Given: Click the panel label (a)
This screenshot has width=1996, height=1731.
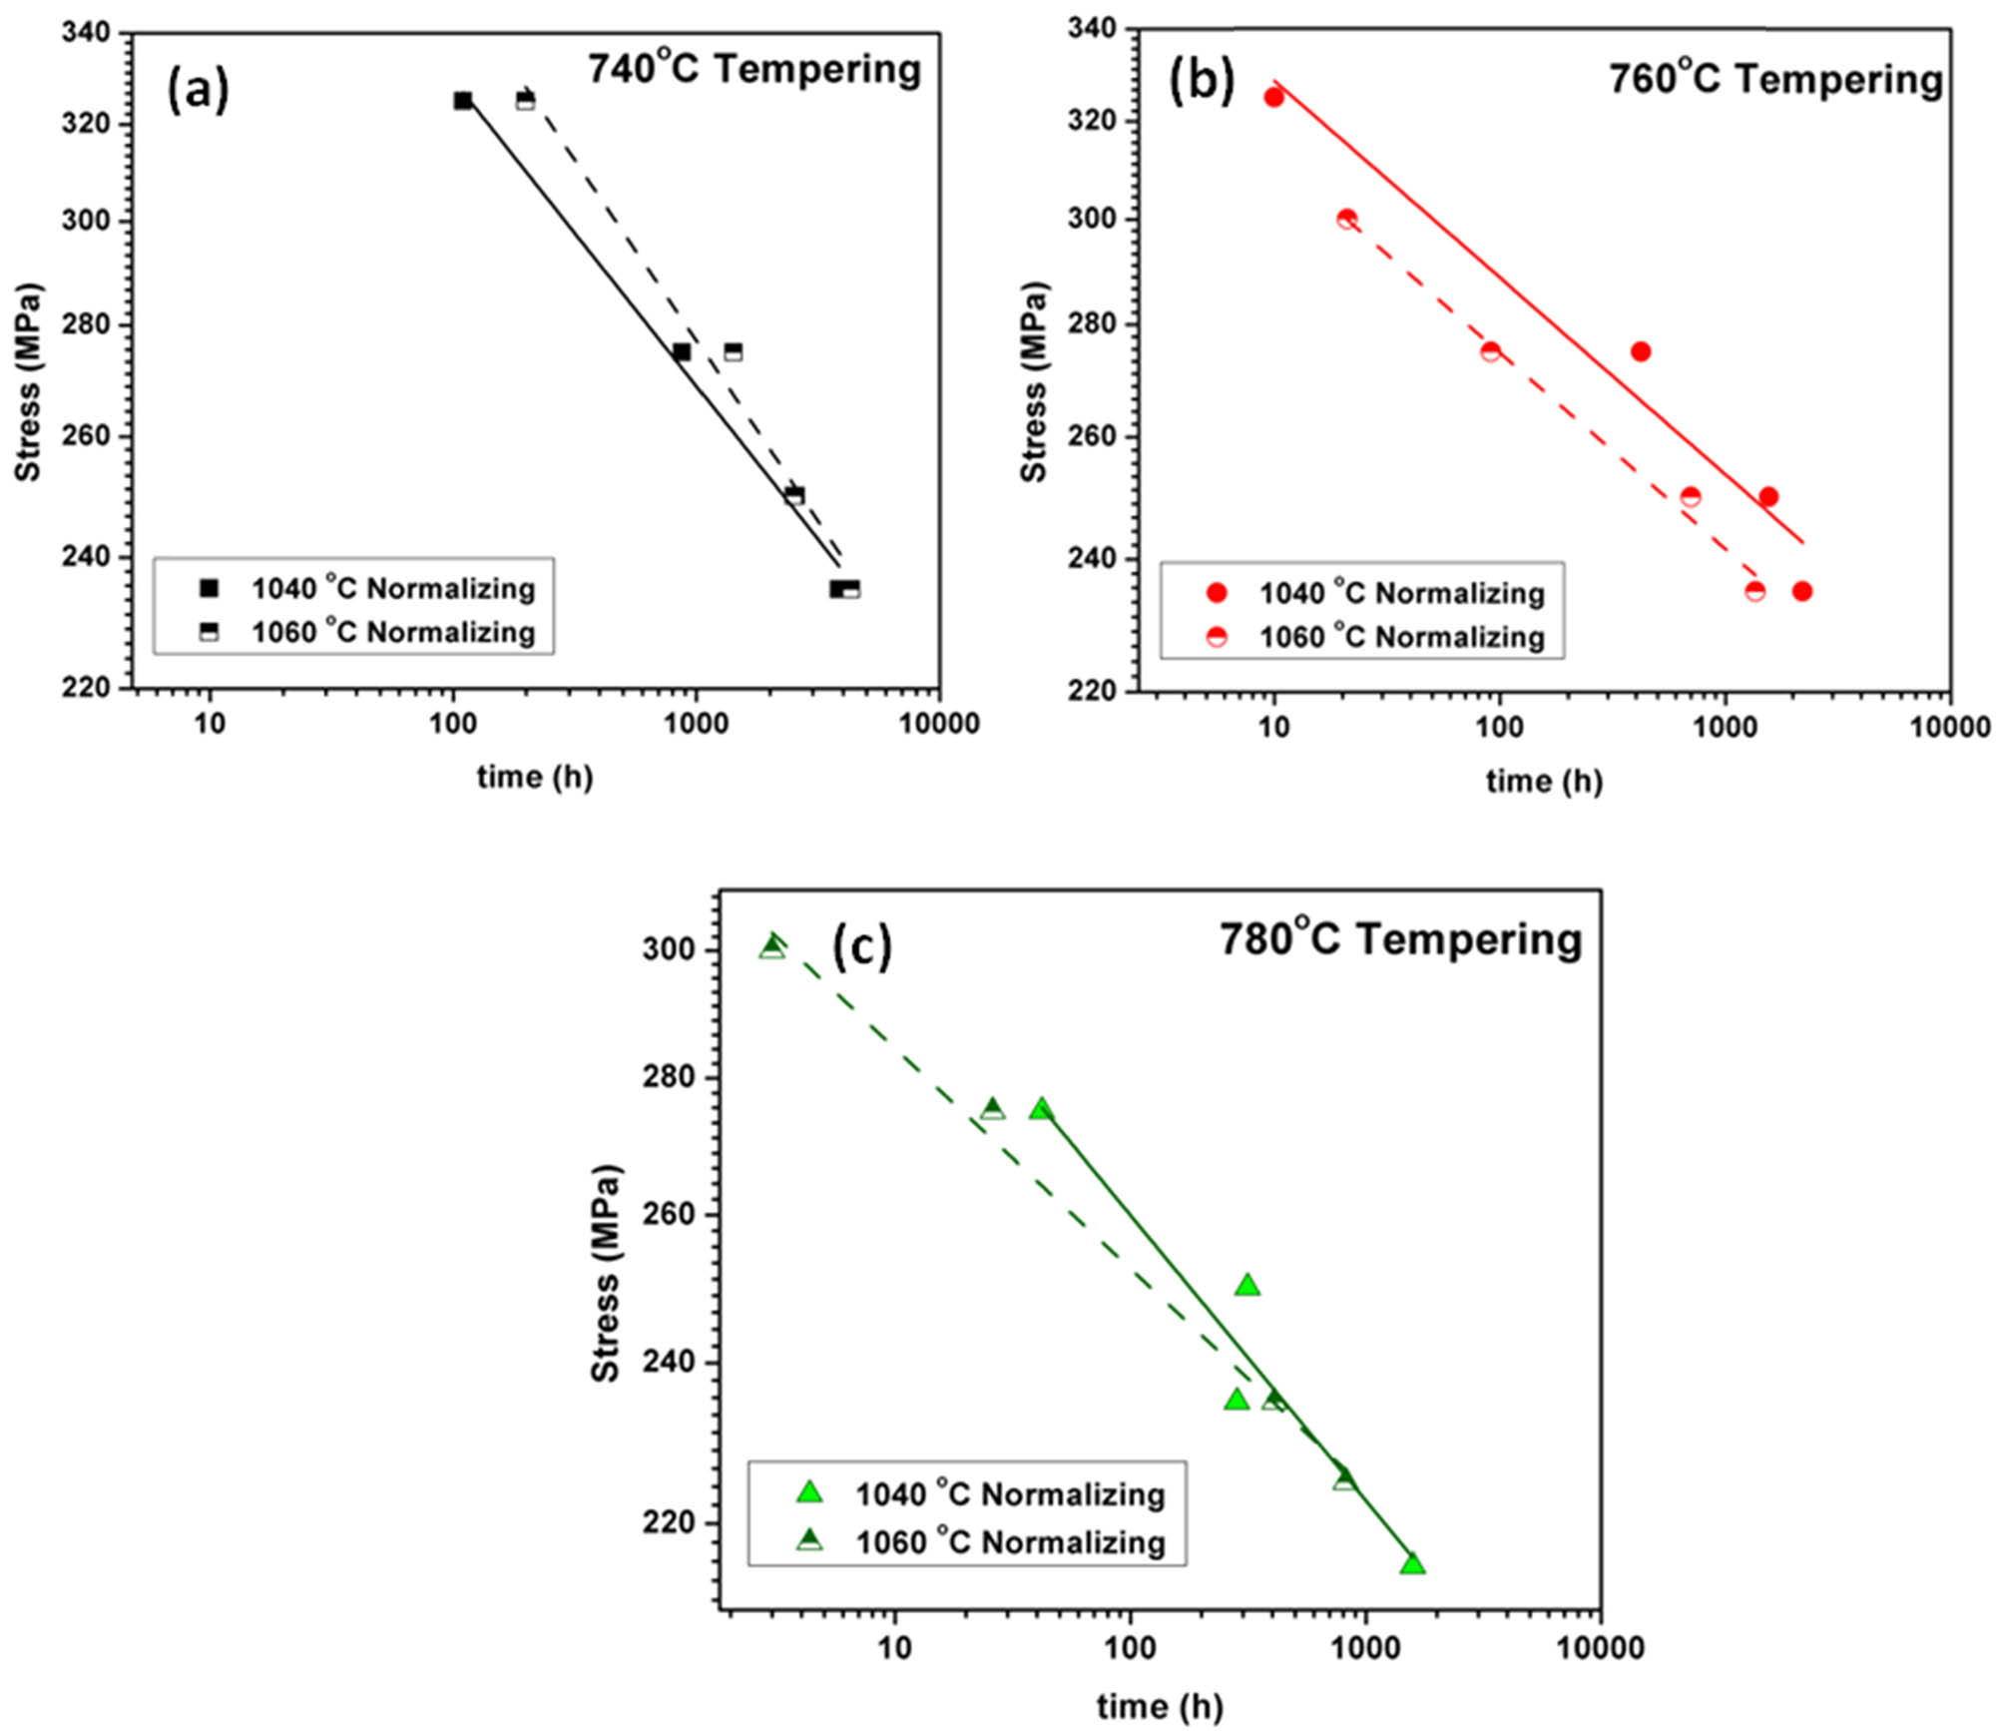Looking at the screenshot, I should click(198, 90).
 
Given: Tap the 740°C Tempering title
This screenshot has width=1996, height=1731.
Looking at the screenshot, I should click(754, 70).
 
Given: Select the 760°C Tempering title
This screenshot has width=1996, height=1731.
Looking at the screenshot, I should click(1775, 79).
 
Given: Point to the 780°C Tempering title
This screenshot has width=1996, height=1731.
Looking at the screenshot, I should click(1400, 939).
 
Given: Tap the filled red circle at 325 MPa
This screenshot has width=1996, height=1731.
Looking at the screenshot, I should click(1273, 97).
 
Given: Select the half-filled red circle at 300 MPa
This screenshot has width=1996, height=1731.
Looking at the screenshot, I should click(1346, 219).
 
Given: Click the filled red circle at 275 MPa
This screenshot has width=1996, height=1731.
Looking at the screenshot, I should click(1640, 351).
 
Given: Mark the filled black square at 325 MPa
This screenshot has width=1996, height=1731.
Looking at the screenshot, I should click(463, 101).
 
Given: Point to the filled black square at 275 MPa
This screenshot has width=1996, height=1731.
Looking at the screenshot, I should click(682, 352).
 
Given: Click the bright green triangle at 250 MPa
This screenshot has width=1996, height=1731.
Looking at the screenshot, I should click(1247, 1286).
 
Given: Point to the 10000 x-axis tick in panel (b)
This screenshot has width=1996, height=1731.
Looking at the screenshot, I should click(1950, 728).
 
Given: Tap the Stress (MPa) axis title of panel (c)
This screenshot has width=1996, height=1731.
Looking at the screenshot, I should click(605, 1274).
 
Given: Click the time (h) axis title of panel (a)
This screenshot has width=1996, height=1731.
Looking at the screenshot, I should click(535, 776).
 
